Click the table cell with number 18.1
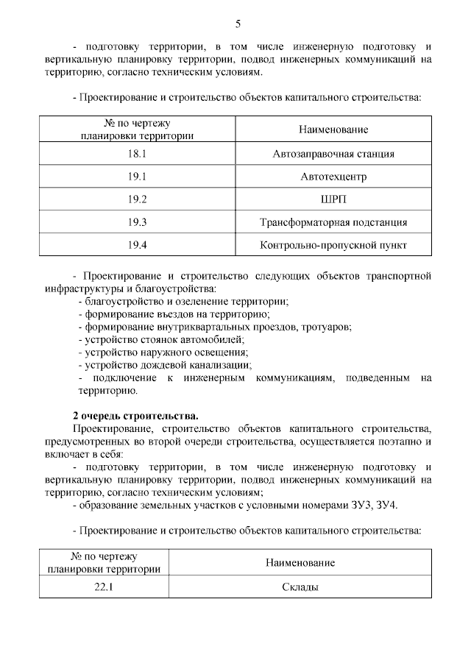point(138,154)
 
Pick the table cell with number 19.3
point(138,222)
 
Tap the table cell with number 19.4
point(138,245)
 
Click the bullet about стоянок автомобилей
point(160,339)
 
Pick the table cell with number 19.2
point(138,199)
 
